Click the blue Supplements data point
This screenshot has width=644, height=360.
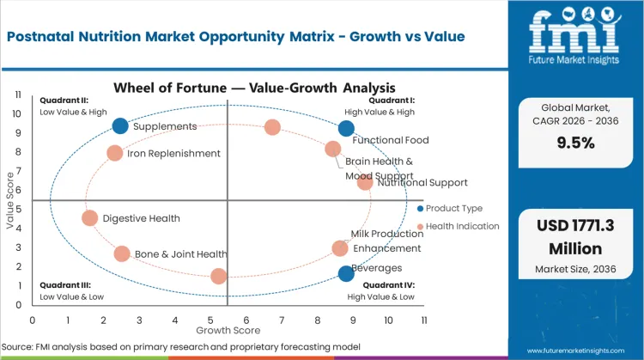click(x=120, y=126)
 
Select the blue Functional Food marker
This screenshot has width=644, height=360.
click(x=346, y=129)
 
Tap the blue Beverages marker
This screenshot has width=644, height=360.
click(x=346, y=274)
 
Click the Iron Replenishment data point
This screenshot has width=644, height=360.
click(x=115, y=154)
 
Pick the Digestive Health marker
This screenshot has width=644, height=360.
click(x=90, y=218)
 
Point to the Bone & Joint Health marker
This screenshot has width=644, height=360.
click(x=122, y=254)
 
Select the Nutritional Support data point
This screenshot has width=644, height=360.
click(x=365, y=182)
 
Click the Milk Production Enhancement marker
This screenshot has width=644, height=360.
click(x=340, y=248)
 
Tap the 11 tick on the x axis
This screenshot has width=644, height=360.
click(x=423, y=320)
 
